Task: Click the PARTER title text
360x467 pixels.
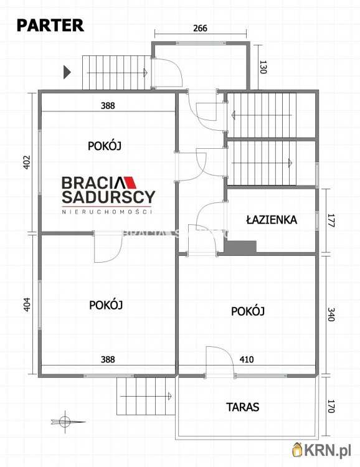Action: click(x=50, y=25)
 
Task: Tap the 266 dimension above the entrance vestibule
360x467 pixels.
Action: click(x=199, y=28)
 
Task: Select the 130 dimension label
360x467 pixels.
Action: click(x=262, y=67)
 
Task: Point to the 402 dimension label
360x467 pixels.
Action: click(x=26, y=163)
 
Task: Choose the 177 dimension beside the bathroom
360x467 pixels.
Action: click(x=330, y=220)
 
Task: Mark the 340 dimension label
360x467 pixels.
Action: click(x=330, y=314)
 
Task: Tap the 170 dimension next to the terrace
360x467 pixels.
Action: click(x=330, y=407)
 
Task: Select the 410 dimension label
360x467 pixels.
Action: click(x=247, y=359)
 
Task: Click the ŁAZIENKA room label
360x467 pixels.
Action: click(x=271, y=220)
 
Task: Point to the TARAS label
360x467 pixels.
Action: click(x=242, y=407)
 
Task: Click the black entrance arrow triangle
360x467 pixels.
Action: click(x=67, y=72)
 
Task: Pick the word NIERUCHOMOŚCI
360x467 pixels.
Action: click(x=108, y=212)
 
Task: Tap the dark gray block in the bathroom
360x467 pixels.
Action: click(x=240, y=247)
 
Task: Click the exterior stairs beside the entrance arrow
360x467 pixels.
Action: click(x=116, y=72)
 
